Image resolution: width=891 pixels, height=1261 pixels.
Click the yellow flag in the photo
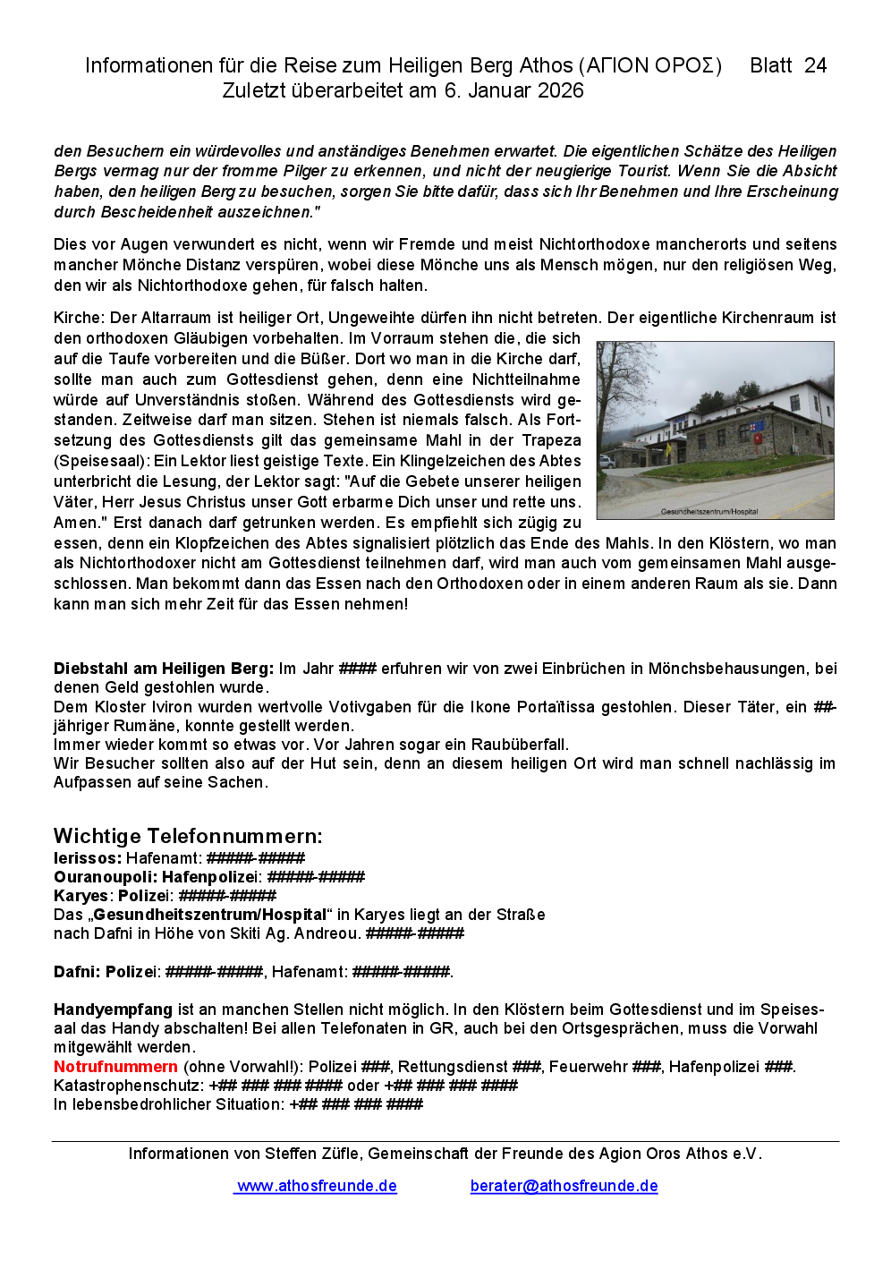point(666,448)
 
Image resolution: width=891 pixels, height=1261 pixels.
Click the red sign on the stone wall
point(758,439)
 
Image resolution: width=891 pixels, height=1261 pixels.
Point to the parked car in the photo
point(607,462)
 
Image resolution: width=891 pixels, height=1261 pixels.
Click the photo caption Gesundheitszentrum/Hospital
point(709,512)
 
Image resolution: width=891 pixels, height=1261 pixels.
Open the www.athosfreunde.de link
point(316,1186)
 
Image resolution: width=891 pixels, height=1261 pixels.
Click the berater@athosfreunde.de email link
point(564,1186)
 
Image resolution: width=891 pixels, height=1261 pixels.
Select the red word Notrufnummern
point(115,1067)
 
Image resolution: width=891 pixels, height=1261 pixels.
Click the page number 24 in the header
point(815,65)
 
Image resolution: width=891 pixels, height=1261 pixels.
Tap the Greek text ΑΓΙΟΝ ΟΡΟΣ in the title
point(650,65)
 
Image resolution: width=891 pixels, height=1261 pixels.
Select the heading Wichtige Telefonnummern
point(188,836)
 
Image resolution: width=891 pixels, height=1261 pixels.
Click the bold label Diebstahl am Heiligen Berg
point(163,669)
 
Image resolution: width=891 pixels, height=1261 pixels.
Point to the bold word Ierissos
point(87,858)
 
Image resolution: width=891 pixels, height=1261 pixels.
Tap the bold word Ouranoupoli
point(105,877)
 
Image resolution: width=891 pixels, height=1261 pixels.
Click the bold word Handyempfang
point(100,1010)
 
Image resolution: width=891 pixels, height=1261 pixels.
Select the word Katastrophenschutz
point(128,1086)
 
